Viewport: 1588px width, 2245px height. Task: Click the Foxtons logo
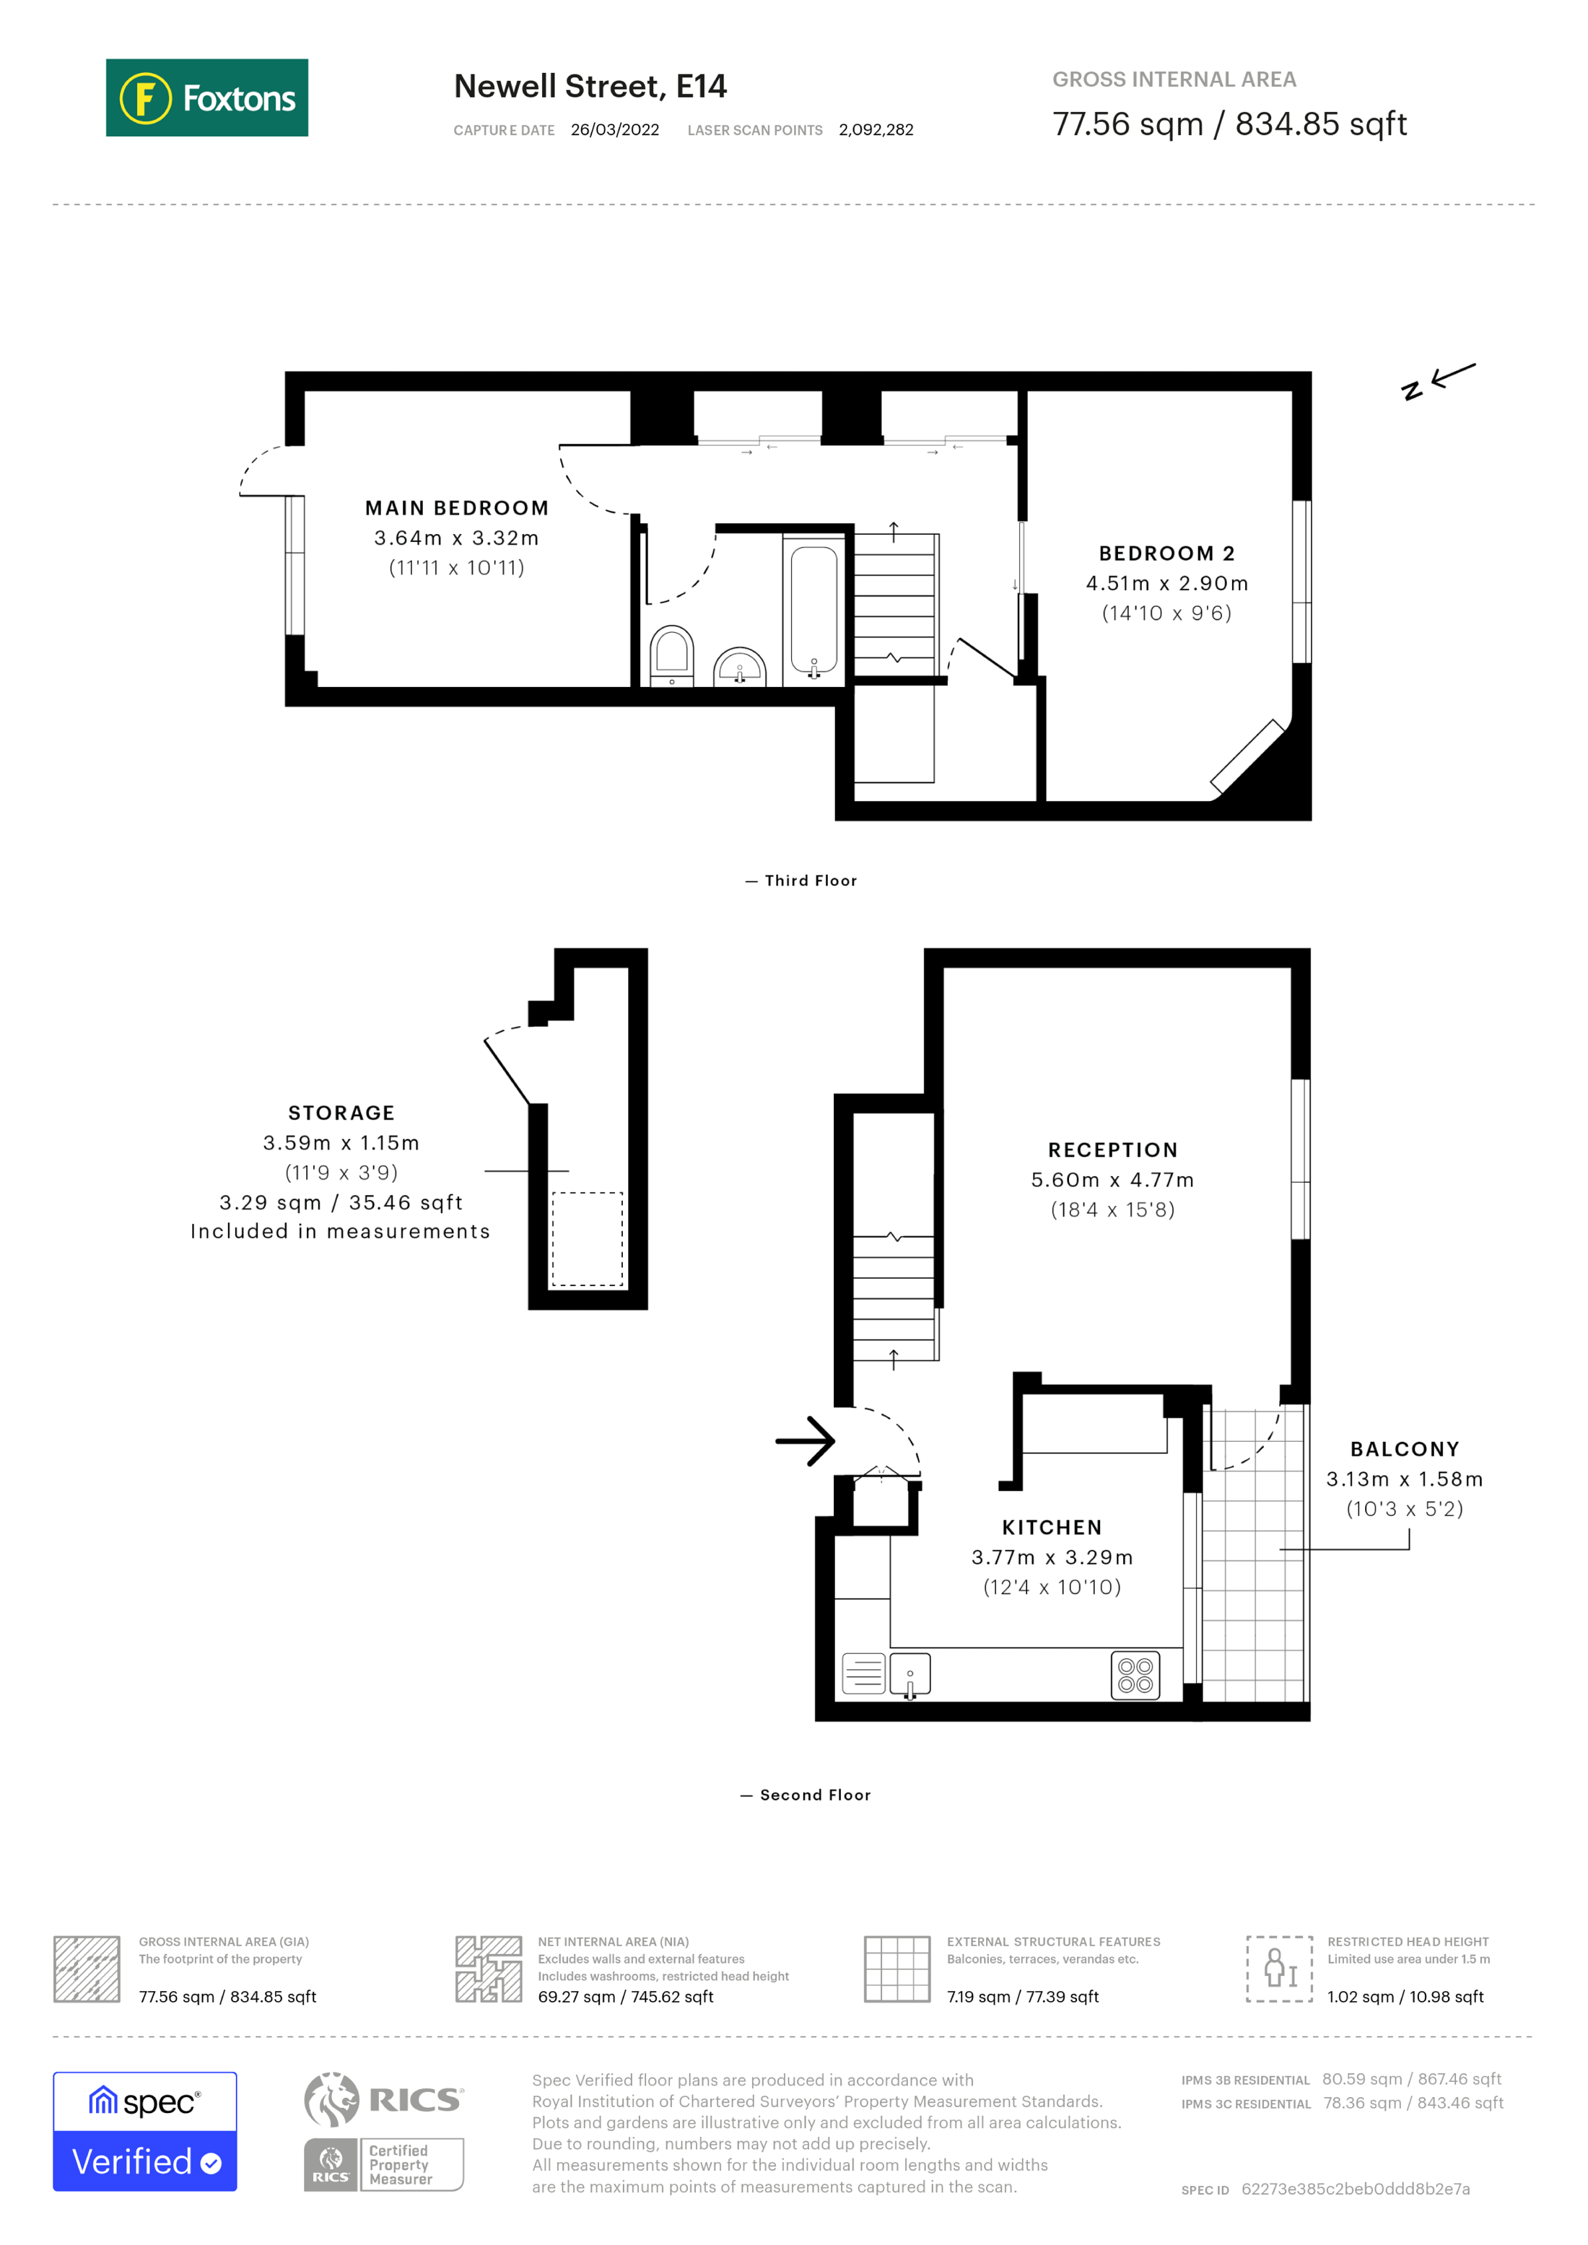(206, 97)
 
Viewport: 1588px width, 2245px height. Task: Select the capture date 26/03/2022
(614, 130)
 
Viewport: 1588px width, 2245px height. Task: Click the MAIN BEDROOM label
(457, 509)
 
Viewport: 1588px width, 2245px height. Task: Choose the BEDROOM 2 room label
(1166, 553)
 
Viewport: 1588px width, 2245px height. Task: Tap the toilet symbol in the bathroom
(672, 654)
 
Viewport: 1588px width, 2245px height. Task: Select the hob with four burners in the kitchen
(1135, 1676)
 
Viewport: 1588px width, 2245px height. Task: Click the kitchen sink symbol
(909, 1675)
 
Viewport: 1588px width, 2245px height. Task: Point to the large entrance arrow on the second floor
(805, 1441)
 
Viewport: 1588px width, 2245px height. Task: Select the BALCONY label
(1404, 1449)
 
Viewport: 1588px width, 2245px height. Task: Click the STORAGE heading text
(341, 1113)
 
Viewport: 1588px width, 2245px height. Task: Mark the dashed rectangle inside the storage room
(588, 1239)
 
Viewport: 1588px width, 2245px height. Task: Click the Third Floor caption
(810, 881)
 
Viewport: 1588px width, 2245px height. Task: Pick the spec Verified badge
(144, 2132)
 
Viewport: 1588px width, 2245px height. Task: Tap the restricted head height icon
(1279, 1969)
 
